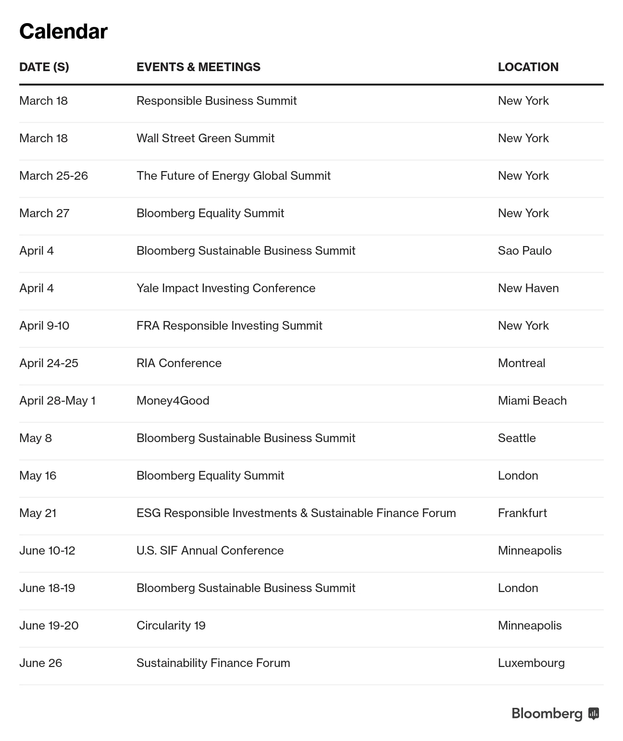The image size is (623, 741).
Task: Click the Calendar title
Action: [63, 32]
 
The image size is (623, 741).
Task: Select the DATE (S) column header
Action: [44, 67]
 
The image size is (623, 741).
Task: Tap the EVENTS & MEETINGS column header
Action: [198, 67]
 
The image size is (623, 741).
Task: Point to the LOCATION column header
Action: [528, 67]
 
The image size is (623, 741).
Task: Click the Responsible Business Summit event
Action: [216, 101]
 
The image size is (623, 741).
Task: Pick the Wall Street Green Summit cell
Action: [205, 138]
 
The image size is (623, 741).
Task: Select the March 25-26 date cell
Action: [53, 176]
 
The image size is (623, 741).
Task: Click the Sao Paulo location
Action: [524, 251]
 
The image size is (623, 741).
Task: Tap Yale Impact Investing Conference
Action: [226, 288]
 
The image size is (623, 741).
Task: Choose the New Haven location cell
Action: [528, 288]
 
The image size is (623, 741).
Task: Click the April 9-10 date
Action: [44, 326]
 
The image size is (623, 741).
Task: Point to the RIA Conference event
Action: [179, 363]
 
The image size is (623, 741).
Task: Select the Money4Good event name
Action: [173, 401]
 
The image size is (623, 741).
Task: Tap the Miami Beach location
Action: [532, 401]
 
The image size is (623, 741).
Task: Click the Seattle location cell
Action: [517, 438]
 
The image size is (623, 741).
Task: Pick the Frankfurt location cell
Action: [522, 513]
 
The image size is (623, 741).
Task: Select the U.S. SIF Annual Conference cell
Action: [210, 551]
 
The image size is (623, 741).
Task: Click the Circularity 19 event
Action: [171, 626]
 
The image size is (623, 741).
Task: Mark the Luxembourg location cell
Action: [531, 663]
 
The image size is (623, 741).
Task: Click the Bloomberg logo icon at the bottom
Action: [594, 714]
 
